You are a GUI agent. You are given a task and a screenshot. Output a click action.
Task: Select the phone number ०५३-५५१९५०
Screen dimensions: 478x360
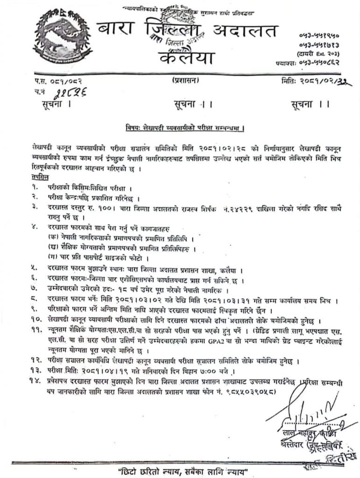click(320, 35)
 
